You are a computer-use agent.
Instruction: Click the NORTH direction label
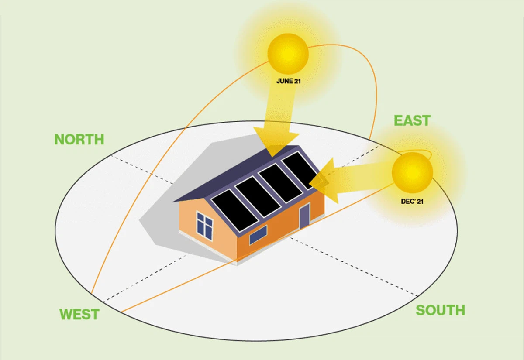[79, 139]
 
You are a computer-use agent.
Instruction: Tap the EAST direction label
[412, 120]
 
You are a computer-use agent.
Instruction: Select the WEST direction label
[79, 314]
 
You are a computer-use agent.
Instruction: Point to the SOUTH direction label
[440, 310]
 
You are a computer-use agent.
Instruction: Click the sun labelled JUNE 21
[288, 54]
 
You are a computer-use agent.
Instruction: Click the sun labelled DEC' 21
[412, 172]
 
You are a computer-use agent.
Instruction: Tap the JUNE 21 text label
[288, 81]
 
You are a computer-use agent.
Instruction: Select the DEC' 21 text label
[412, 202]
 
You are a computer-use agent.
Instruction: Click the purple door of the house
[304, 216]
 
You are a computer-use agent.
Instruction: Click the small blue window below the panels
[258, 235]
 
